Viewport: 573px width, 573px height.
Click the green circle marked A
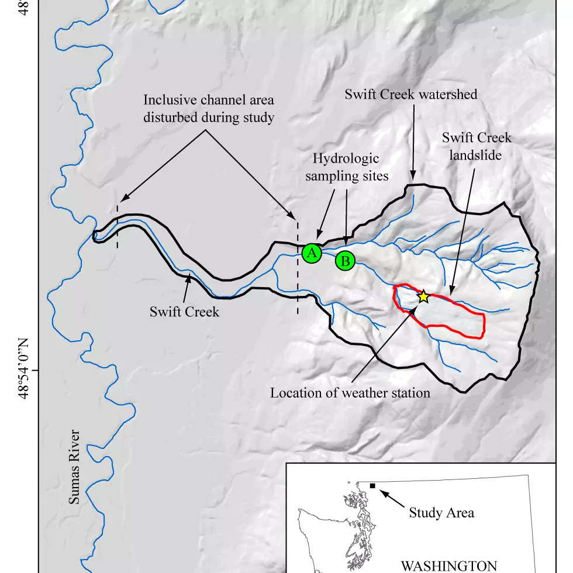point(312,253)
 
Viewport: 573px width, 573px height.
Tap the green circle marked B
point(345,261)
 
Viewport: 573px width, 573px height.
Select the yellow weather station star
point(423,297)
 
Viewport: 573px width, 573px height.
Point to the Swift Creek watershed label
point(410,94)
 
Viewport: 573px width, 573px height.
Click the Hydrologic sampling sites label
point(346,167)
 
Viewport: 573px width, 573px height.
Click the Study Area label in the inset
point(441,513)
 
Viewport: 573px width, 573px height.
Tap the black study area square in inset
point(372,486)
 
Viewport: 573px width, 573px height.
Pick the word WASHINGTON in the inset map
point(448,565)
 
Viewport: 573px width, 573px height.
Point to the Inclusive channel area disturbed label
point(209,108)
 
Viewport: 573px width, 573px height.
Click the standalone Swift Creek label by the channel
point(184,312)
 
